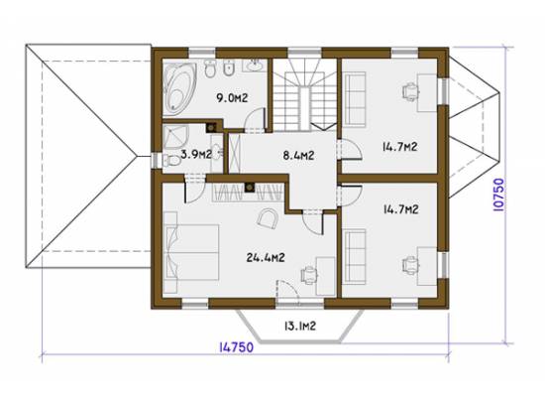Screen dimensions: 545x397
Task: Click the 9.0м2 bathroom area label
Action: point(232,98)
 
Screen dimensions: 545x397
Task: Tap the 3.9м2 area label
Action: point(196,154)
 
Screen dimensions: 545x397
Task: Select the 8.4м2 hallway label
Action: point(298,155)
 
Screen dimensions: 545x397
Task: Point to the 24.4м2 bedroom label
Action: point(266,258)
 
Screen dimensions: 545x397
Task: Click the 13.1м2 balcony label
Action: point(300,326)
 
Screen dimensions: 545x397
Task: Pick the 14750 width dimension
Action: point(237,347)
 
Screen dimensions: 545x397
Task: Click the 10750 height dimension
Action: point(498,195)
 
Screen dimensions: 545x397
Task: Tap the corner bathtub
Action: point(179,88)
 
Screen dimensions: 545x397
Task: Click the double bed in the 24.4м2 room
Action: point(191,252)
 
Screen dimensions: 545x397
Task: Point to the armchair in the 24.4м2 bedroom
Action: point(268,218)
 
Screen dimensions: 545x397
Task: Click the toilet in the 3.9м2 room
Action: point(171,161)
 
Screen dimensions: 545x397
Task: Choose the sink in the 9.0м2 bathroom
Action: point(256,65)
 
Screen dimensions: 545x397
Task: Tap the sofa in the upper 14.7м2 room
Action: point(354,99)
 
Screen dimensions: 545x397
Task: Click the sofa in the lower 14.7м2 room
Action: point(354,257)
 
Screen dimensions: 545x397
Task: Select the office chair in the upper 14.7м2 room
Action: point(410,91)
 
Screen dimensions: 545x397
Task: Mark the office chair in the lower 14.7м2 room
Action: point(410,266)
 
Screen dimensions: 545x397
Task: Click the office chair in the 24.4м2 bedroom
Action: point(309,275)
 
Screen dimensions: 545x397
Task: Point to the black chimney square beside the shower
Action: point(211,128)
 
